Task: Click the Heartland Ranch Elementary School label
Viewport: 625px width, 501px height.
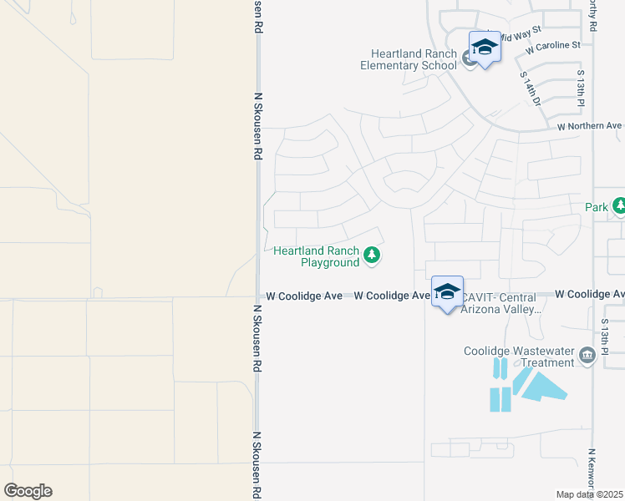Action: click(409, 59)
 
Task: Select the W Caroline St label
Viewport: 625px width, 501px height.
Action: click(552, 46)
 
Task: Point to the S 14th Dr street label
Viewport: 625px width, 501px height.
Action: click(531, 89)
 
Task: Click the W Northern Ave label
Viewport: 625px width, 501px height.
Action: click(590, 126)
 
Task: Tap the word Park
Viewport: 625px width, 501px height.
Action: click(597, 206)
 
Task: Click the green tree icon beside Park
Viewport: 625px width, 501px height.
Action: click(619, 205)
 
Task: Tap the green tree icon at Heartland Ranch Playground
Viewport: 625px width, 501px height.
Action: click(372, 256)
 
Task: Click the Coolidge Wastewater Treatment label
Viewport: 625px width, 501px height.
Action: click(519, 357)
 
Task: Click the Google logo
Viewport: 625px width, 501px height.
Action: click(28, 491)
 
